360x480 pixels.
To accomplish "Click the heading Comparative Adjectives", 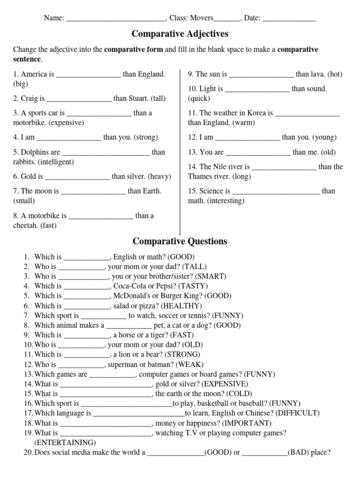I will [180, 34].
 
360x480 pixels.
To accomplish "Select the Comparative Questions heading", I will [180, 241].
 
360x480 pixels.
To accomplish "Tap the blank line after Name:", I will [116, 19].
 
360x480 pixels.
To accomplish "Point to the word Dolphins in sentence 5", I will [35, 152].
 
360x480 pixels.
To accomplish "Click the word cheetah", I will [25, 225].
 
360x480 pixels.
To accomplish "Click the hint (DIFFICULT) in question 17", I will [298, 413].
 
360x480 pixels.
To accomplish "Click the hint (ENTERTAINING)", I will [65, 442].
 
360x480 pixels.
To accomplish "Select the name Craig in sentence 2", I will [30, 98].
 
